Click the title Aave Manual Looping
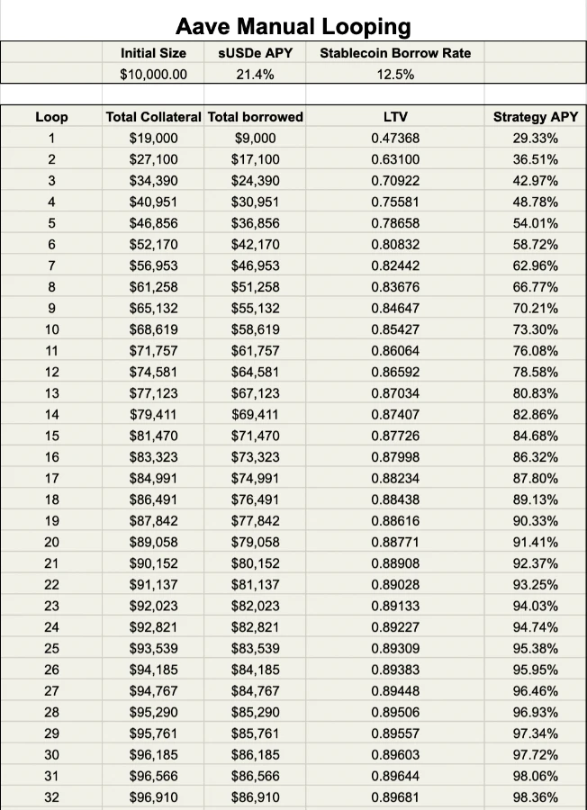tap(293, 26)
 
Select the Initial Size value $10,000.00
tap(153, 75)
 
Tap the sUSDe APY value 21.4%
tap(255, 75)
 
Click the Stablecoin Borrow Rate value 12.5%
tap(395, 75)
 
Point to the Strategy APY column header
tap(536, 117)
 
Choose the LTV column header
tap(395, 117)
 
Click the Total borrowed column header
tap(255, 117)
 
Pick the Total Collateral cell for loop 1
tap(153, 139)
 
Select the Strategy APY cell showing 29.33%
tap(536, 139)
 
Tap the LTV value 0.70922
tap(395, 181)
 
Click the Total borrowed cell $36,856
tap(255, 223)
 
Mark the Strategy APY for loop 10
tap(536, 329)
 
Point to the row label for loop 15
tap(51, 436)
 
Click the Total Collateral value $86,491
tap(153, 499)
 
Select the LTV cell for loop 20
tap(395, 542)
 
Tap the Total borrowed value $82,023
tap(255, 606)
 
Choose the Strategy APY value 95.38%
tap(536, 648)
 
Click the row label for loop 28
tap(51, 712)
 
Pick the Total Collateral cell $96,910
tap(153, 796)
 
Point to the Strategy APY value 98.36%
tap(536, 796)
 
